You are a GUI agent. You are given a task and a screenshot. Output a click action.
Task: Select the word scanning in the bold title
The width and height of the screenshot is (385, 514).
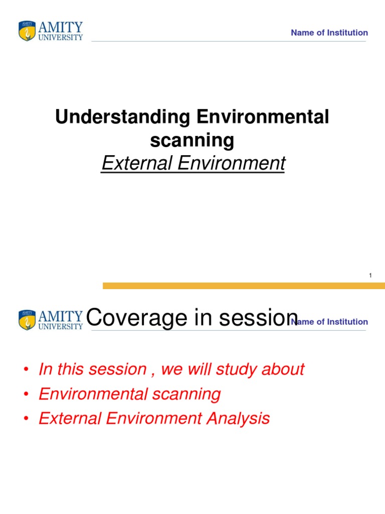(192, 141)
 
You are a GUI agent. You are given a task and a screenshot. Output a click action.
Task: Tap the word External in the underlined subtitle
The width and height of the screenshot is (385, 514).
(130, 164)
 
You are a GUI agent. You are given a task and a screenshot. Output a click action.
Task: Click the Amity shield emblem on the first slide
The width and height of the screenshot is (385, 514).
(26, 31)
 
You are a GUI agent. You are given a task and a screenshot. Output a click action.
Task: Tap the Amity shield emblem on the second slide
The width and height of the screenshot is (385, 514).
(26, 320)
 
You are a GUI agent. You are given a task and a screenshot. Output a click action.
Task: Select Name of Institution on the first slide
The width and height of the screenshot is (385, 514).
(329, 33)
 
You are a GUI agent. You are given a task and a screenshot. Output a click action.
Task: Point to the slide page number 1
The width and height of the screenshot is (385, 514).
(370, 275)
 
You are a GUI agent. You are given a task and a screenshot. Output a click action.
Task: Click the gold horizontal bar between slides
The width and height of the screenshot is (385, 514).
(244, 286)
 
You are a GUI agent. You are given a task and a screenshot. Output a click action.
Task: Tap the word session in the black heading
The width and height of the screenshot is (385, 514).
(260, 318)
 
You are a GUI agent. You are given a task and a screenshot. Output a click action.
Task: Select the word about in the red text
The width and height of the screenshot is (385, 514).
(285, 369)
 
